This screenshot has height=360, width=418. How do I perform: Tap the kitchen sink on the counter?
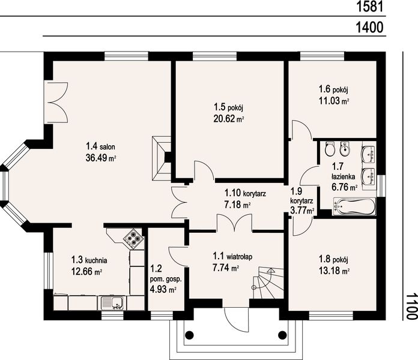point(112,303)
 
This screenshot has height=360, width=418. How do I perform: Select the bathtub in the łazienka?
point(354,206)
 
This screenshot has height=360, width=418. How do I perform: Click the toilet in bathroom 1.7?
point(330,149)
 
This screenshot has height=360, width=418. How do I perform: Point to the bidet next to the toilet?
point(344,149)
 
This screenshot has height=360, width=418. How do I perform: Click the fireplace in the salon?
point(162,158)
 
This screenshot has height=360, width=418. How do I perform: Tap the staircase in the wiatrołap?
point(268,283)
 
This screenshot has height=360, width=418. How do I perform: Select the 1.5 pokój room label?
point(228,107)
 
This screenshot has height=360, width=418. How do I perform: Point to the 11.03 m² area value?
point(334,101)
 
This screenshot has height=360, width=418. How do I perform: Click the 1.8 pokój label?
point(333,259)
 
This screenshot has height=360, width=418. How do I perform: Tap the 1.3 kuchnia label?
point(89,260)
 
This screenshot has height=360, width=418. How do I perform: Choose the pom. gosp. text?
point(166,280)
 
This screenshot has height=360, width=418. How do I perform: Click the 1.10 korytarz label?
point(245,193)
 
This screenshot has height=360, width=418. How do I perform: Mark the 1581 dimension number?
point(370,7)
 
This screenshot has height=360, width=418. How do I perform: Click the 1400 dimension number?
point(370,27)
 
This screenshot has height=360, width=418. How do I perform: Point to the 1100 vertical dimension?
point(411,306)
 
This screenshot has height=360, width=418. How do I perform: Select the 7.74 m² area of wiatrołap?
point(226,268)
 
